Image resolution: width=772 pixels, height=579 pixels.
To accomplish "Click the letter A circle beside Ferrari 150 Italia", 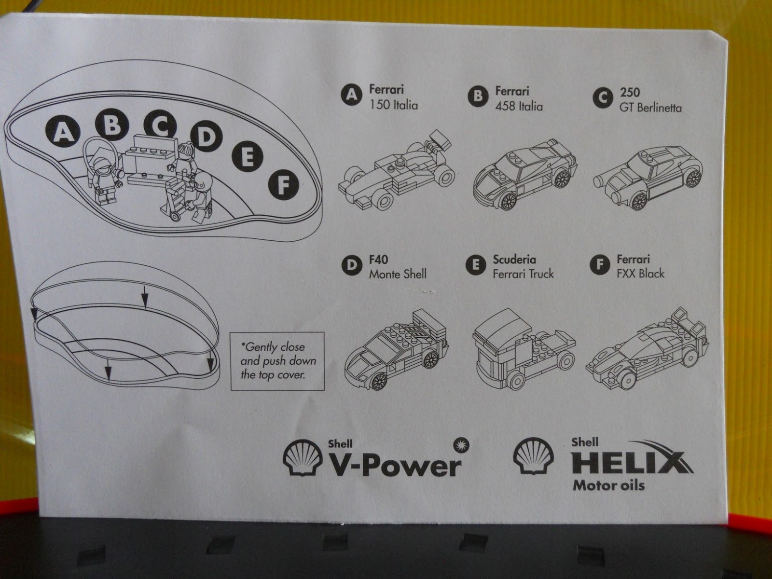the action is point(352,95).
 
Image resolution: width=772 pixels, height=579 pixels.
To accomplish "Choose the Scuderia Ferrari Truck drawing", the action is point(523,348).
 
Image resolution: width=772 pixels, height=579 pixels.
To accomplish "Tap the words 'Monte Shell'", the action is point(398,274).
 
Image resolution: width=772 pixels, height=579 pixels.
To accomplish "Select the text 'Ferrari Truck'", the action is point(523,274).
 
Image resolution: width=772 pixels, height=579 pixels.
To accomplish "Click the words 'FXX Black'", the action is point(640,274).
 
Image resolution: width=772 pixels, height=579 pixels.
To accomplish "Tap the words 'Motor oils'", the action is point(608,484).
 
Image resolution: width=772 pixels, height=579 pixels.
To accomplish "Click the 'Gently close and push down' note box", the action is point(277,360).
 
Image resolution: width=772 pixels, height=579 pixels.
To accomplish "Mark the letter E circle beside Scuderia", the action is point(476,264).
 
